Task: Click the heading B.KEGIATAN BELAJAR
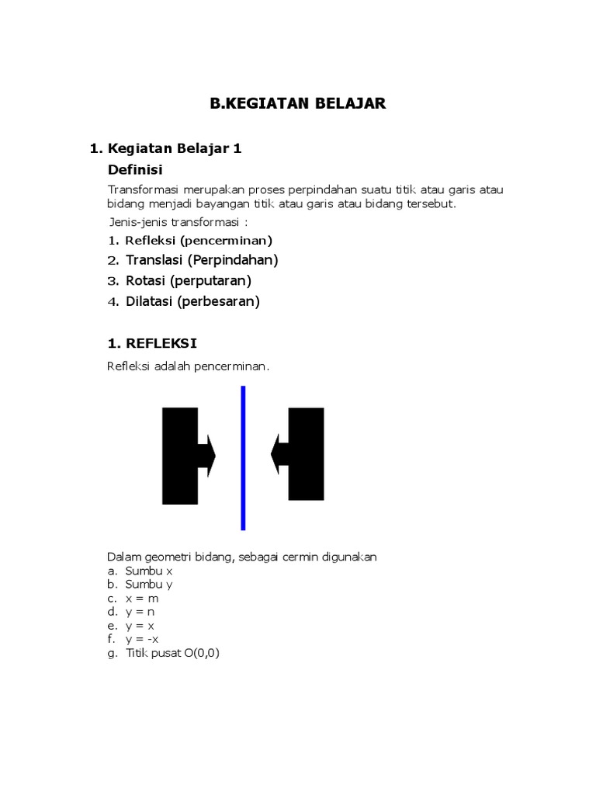(298, 103)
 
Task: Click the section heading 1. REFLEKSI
(151, 343)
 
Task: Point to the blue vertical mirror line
(244, 458)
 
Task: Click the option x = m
(141, 599)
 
